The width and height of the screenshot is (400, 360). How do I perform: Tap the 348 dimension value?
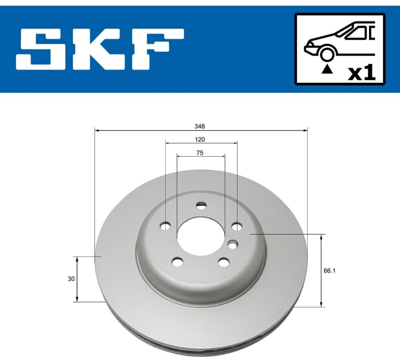click(200, 126)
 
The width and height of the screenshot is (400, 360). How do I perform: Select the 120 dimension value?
click(200, 139)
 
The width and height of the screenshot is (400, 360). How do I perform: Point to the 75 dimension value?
click(200, 153)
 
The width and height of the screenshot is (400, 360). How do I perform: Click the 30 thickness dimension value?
click(71, 279)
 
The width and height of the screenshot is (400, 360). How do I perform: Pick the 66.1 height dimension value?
click(329, 271)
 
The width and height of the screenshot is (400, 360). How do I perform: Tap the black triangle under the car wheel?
click(327, 69)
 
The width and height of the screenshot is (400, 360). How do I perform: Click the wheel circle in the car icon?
click(327, 54)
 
